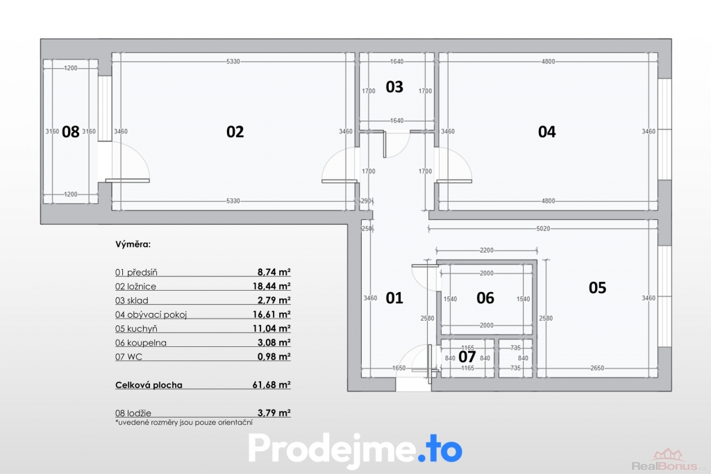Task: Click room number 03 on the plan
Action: [x=394, y=87]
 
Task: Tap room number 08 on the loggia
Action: [x=70, y=131]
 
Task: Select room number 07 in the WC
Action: [x=467, y=357]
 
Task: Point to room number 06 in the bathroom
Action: [x=485, y=298]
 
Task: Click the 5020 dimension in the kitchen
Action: [x=543, y=229]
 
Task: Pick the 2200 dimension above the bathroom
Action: [x=487, y=250]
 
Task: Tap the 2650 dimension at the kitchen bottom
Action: [x=597, y=368]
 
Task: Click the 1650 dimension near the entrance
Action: [x=399, y=368]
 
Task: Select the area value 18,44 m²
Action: [x=271, y=286]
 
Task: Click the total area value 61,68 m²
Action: [x=271, y=384]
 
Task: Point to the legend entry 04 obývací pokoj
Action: [x=151, y=314]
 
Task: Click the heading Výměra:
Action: [x=133, y=244]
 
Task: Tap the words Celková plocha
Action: [x=149, y=384]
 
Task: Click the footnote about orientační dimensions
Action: [x=183, y=423]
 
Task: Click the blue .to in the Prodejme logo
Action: [x=440, y=448]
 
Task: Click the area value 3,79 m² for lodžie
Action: [x=274, y=413]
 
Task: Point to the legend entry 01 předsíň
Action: [x=136, y=272]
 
